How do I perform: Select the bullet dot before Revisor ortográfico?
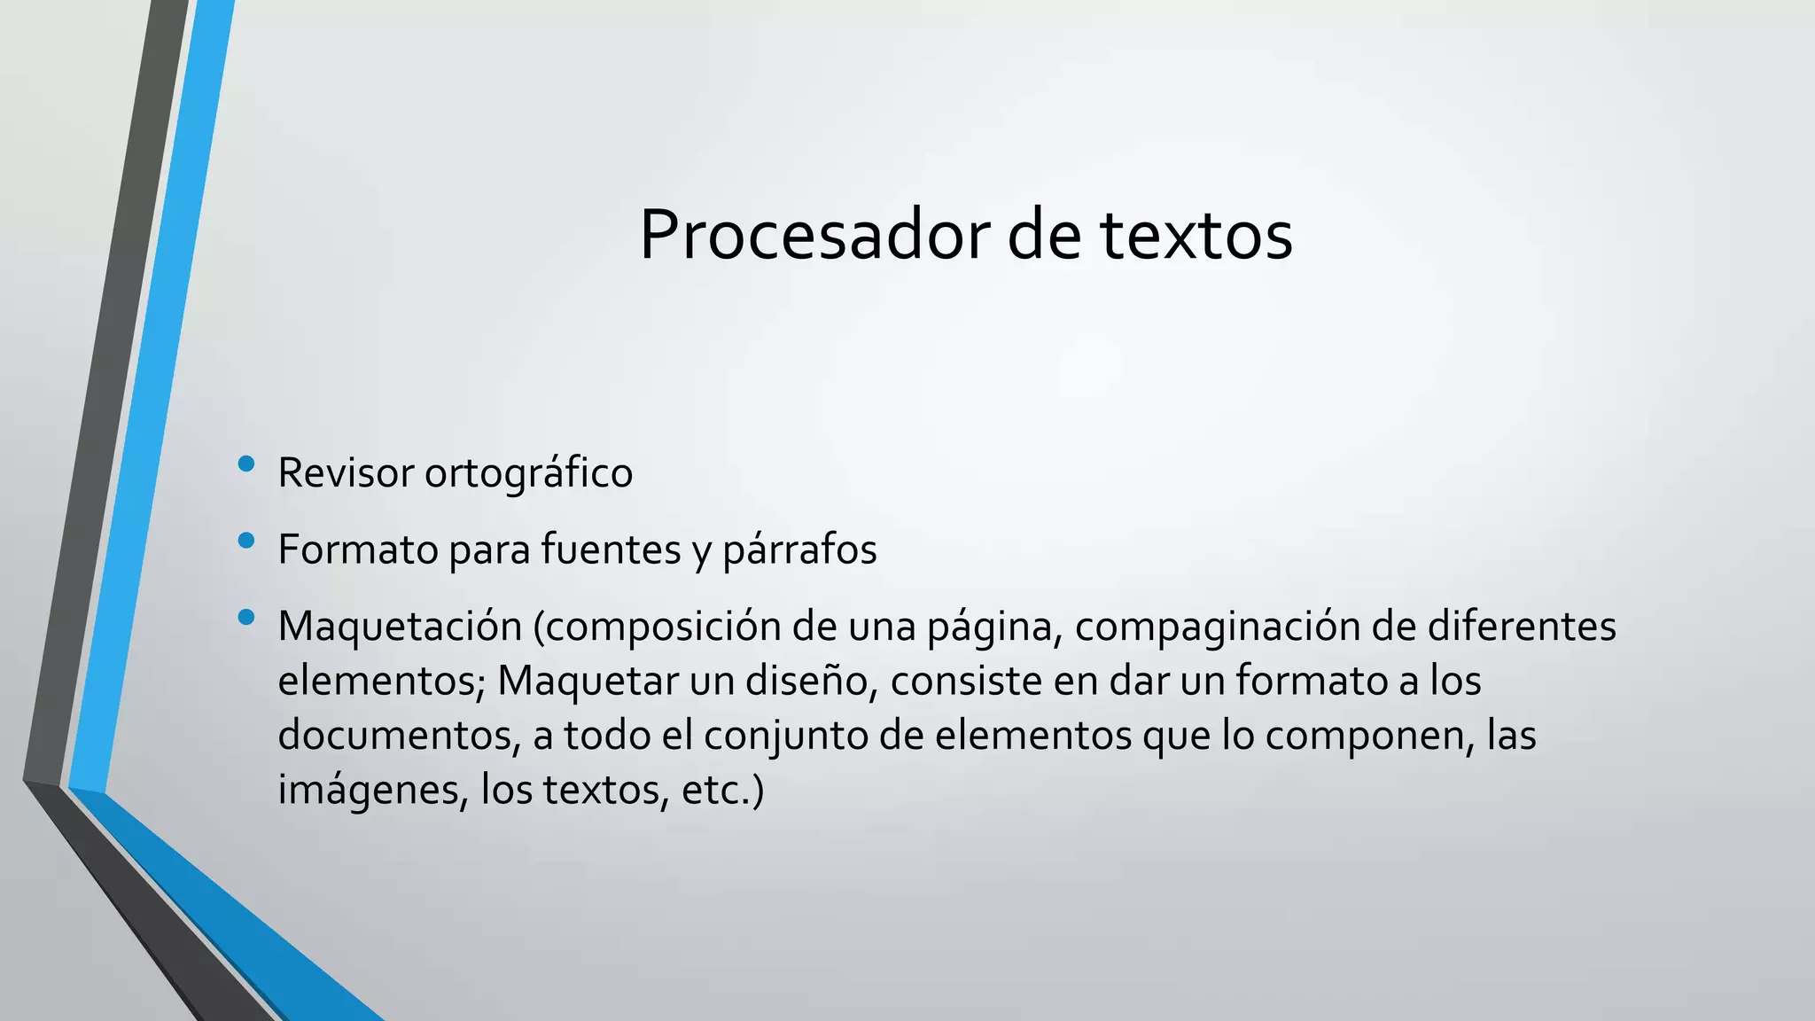pos(246,464)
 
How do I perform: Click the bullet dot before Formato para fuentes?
pos(246,540)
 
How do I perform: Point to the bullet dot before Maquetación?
pos(246,617)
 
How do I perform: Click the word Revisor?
pos(346,472)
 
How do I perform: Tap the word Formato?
pos(358,549)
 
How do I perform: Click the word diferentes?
pos(1521,626)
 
